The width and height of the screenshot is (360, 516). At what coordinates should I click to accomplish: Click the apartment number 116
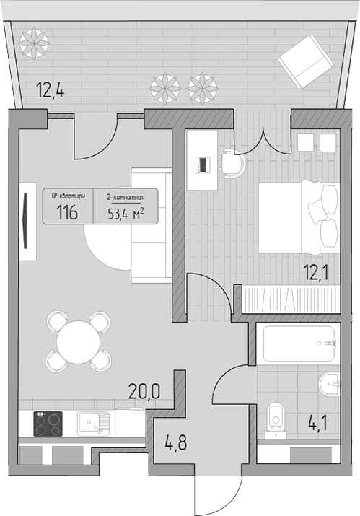point(67,212)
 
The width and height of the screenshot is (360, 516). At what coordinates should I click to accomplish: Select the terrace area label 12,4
point(51,90)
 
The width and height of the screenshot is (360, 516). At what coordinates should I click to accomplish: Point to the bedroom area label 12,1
point(317,273)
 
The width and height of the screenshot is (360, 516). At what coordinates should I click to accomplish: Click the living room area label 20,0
point(144,391)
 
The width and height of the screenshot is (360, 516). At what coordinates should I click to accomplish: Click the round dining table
point(78,342)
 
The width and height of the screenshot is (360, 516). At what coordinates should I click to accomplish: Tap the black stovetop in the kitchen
point(48,424)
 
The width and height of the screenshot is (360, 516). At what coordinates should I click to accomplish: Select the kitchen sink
point(94,424)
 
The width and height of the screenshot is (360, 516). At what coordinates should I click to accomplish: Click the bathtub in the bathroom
point(299,344)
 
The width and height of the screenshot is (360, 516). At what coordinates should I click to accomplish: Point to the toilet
point(276,419)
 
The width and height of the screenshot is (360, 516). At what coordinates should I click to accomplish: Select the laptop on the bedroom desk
point(203,165)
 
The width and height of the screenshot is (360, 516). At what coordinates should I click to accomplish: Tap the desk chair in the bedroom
point(232,163)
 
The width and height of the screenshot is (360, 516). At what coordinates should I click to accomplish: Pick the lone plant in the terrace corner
point(34,43)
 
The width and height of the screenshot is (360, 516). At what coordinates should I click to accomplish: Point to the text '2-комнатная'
point(126,198)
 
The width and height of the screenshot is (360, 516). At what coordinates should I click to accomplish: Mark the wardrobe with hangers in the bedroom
point(291,299)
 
